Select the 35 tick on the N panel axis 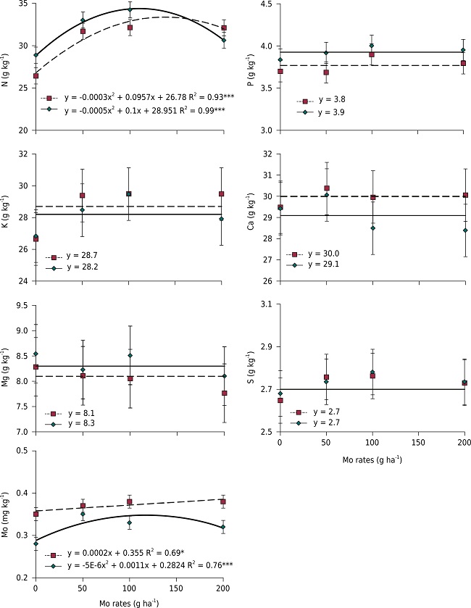tap(23, 4)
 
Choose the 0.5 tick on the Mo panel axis tap(23, 451)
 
